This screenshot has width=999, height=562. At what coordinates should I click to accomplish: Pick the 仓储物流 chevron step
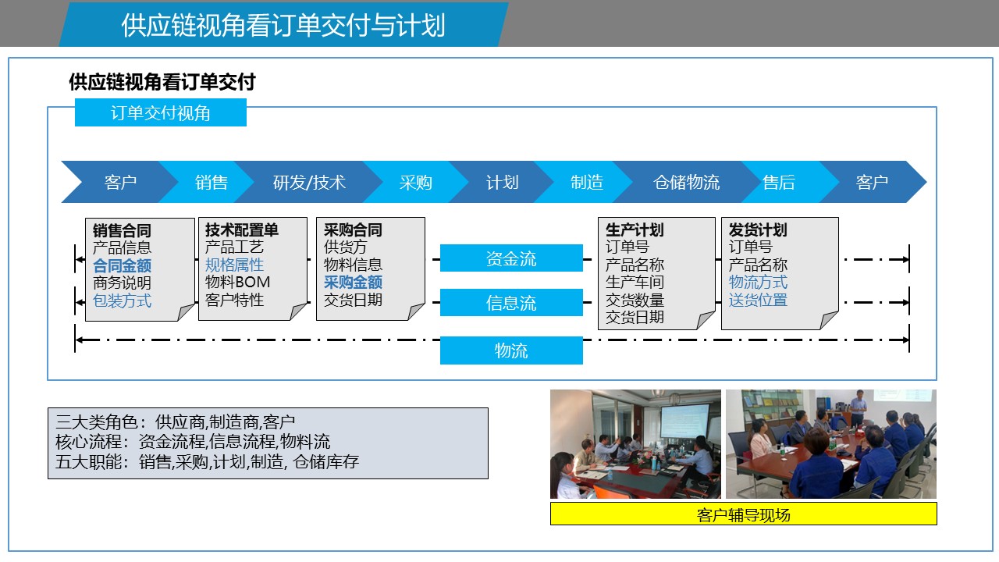click(687, 182)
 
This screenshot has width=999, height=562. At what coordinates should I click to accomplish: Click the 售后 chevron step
click(779, 182)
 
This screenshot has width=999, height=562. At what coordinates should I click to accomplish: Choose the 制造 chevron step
click(587, 182)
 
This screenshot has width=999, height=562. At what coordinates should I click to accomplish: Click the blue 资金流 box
click(511, 258)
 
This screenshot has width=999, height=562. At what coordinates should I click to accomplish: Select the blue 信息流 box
click(511, 302)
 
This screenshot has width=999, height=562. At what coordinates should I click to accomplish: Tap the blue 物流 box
click(511, 350)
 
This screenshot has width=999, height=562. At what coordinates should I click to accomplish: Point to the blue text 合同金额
click(123, 265)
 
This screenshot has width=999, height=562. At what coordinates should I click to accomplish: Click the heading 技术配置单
click(242, 229)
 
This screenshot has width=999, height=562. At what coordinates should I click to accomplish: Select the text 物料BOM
click(238, 282)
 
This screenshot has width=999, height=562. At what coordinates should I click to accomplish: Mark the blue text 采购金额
click(353, 282)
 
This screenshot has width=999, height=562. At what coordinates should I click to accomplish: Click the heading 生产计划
click(635, 229)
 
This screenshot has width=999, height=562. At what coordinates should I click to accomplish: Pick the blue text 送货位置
click(758, 300)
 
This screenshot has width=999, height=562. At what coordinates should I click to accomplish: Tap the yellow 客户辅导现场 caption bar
click(744, 514)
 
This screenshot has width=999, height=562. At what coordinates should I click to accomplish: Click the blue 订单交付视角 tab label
click(161, 112)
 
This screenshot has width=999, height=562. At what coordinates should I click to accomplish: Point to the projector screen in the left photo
click(684, 420)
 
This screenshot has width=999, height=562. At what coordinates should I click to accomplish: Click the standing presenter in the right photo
click(858, 407)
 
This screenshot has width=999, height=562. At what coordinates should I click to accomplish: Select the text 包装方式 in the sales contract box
click(123, 301)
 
